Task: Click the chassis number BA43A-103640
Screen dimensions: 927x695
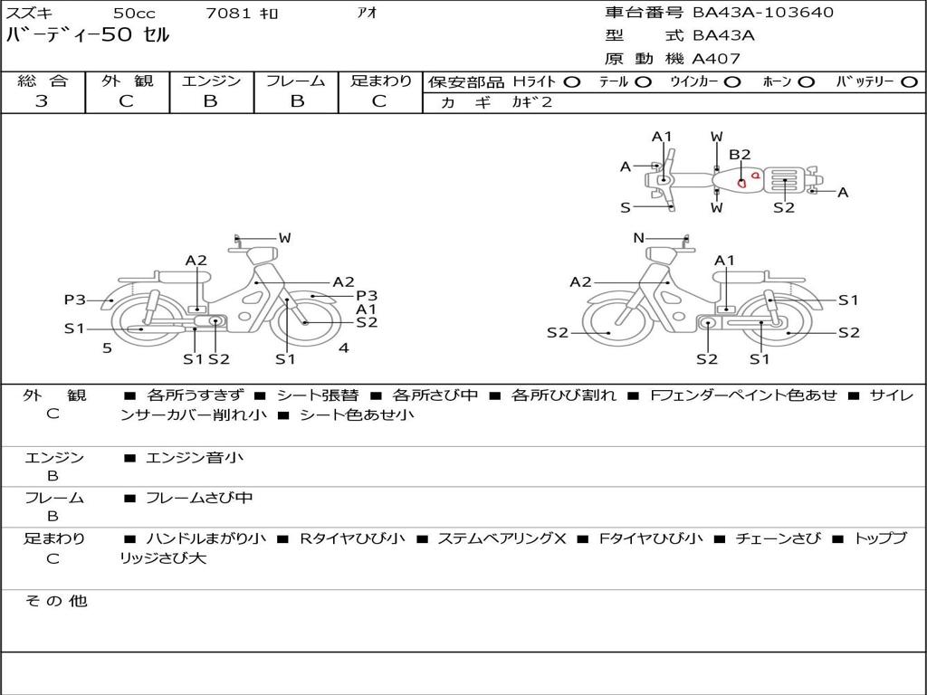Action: pos(763,12)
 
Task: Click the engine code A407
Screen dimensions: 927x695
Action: pos(716,59)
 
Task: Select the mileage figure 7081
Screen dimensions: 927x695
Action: pos(228,13)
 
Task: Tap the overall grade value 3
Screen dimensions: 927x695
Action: pos(42,100)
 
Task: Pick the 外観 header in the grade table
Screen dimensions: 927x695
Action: pos(127,81)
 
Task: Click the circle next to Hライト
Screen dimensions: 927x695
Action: pos(572,82)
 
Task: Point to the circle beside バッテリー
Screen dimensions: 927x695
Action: pos(909,82)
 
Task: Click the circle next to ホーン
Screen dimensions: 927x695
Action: pos(806,82)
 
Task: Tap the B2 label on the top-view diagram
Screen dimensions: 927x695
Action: pos(740,154)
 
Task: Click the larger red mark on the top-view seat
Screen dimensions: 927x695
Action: pos(741,183)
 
